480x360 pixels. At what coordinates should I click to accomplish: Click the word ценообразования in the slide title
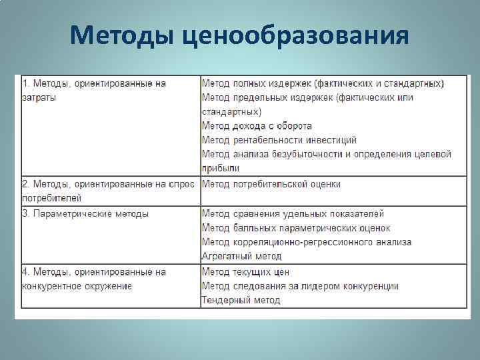tap(294, 35)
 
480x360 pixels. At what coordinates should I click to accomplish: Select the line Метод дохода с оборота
tap(257, 125)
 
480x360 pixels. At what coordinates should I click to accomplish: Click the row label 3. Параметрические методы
tap(85, 214)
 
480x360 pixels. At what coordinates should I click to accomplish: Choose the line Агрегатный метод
tap(241, 256)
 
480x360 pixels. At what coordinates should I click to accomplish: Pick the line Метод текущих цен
tap(245, 272)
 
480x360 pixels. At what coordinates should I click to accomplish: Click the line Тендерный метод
tap(241, 300)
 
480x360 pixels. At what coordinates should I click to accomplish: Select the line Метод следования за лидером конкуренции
tap(300, 286)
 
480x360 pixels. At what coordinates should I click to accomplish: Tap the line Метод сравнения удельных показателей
tap(293, 214)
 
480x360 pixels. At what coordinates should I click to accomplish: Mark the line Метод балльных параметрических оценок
tap(296, 228)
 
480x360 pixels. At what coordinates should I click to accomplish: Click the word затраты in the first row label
tap(39, 97)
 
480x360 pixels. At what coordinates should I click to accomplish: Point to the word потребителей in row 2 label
tap(51, 198)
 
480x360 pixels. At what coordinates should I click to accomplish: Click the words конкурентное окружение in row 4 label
tap(77, 286)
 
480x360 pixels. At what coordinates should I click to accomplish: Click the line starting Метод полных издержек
tap(323, 83)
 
